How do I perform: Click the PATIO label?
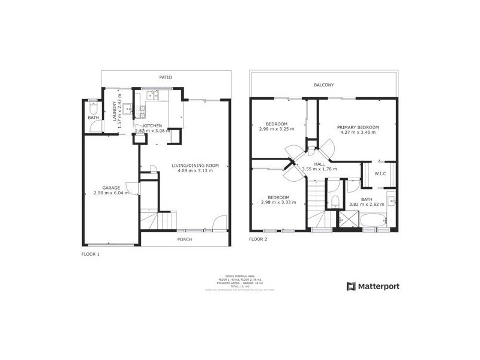point(166,77)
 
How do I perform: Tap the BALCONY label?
point(324,85)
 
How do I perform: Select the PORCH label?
point(184,239)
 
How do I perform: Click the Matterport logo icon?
point(352,286)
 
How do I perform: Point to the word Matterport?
point(379,286)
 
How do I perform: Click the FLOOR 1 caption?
point(91,254)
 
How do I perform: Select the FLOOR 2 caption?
point(258,239)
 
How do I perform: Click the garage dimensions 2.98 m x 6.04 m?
point(111,193)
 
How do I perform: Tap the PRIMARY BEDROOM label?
point(358,127)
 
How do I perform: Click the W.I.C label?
point(380,175)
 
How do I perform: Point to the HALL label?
point(319,164)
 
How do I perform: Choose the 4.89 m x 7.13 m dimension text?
point(195,170)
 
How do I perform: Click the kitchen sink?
point(151,95)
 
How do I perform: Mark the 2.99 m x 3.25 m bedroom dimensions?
point(277,130)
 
